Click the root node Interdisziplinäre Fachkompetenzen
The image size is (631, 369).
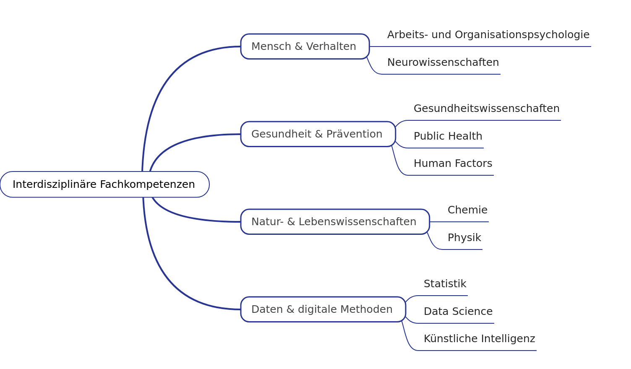pyautogui.click(x=104, y=184)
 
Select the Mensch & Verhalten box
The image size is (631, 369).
pyautogui.click(x=305, y=47)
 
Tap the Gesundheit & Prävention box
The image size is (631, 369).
pyautogui.click(x=318, y=134)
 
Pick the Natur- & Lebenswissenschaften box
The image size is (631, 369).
pyautogui.click(x=335, y=222)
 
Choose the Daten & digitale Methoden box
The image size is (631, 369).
pyautogui.click(x=323, y=309)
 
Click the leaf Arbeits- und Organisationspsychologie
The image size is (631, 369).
pyautogui.click(x=488, y=35)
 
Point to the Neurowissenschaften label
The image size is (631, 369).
pyautogui.click(x=443, y=62)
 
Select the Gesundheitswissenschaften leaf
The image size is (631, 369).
pyautogui.click(x=486, y=109)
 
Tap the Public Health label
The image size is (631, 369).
pyautogui.click(x=448, y=136)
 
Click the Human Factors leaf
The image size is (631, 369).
pyautogui.click(x=453, y=164)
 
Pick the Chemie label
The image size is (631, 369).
pyautogui.click(x=467, y=210)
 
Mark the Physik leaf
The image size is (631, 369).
pyautogui.click(x=464, y=238)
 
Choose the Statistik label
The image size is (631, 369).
pyautogui.click(x=445, y=284)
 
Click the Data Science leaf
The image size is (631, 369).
pyautogui.click(x=458, y=312)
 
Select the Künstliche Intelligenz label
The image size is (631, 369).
pyautogui.click(x=479, y=339)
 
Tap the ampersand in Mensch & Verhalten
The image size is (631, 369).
pyautogui.click(x=299, y=47)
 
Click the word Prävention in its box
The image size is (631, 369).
pyautogui.click(x=354, y=134)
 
